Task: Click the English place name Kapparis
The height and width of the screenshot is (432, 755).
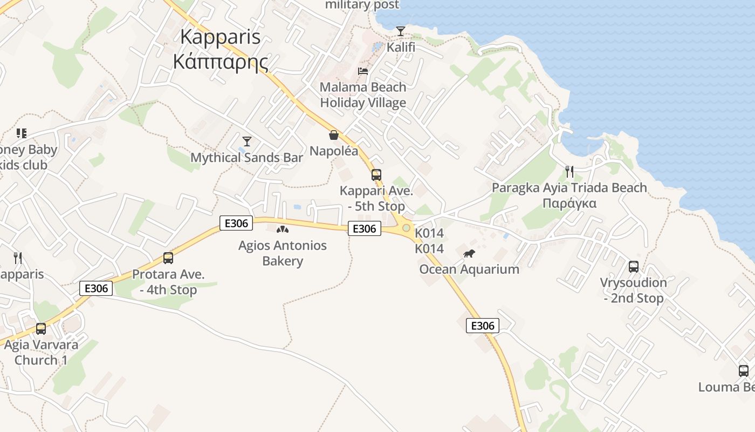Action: pos(220,37)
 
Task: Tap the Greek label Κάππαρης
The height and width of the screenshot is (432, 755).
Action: pos(220,61)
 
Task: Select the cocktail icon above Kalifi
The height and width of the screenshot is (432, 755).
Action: pos(401,31)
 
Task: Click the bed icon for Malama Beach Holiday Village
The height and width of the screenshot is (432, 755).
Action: pos(363,71)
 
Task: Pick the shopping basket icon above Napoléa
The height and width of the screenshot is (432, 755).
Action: pos(334,134)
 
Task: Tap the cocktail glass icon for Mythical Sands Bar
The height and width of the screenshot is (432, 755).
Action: pos(247,141)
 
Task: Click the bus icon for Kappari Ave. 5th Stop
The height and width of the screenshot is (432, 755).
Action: pos(376,174)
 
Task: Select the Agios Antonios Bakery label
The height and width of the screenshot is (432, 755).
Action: pos(283,253)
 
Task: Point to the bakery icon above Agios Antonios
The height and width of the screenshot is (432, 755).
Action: pos(283,230)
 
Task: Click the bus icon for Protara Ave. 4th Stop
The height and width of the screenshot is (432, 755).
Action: pos(168,258)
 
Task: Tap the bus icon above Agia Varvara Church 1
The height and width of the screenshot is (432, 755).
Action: pos(41,328)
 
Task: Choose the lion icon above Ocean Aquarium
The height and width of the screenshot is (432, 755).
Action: pos(469,253)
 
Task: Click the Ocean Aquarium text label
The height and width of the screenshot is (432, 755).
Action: pos(469,269)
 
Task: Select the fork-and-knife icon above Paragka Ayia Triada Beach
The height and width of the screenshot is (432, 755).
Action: pos(569,171)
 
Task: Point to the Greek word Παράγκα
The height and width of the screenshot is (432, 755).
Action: pos(569,204)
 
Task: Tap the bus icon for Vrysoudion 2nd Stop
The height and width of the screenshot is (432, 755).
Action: pos(634,266)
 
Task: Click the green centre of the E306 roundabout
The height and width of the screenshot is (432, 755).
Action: pos(406,228)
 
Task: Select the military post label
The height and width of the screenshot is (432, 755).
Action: pos(362,5)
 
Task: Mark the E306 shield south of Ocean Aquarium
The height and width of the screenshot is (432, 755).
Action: pos(482,326)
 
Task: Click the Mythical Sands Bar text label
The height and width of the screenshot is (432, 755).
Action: pos(247,158)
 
